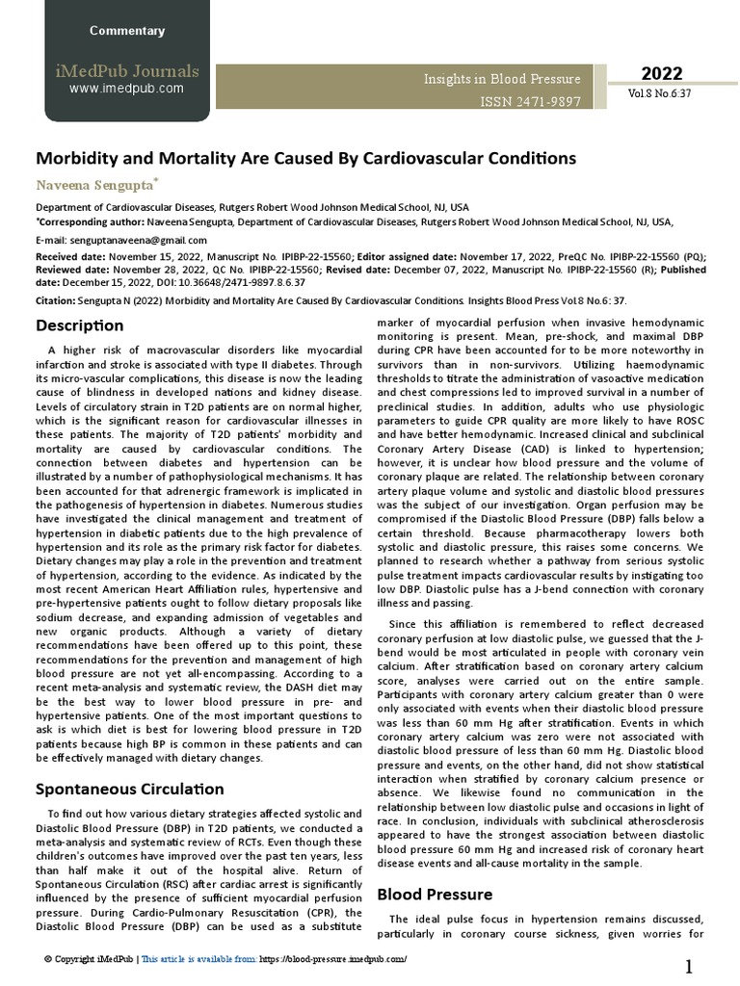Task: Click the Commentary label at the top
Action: pyautogui.click(x=127, y=31)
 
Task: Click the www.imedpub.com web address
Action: pyautogui.click(x=126, y=89)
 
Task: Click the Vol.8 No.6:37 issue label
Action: pyautogui.click(x=660, y=95)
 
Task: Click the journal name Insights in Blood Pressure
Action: pyautogui.click(x=502, y=79)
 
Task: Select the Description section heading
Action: pyautogui.click(x=80, y=325)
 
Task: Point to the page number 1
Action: pyautogui.click(x=690, y=967)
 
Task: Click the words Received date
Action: pyautogui.click(x=69, y=257)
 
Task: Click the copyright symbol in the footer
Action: pyautogui.click(x=48, y=960)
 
